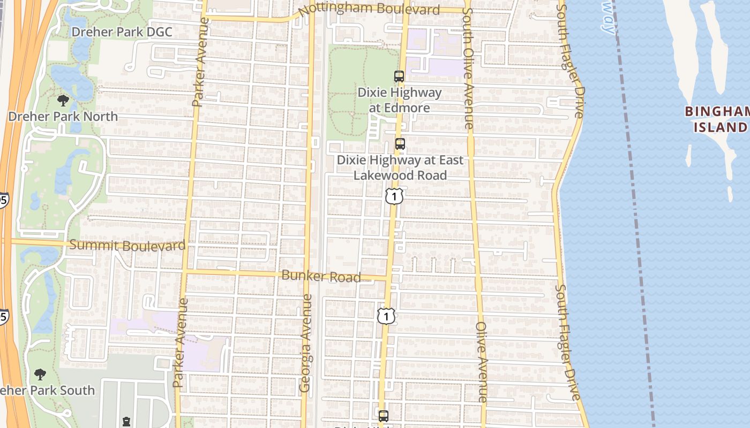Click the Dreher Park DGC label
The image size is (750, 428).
pos(122,32)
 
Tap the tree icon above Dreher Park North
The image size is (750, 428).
pos(63,101)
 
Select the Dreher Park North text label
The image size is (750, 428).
pos(63,116)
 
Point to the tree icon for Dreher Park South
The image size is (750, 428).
pos(40,374)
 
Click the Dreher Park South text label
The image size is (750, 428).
pos(48,390)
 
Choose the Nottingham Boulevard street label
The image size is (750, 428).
pos(369,10)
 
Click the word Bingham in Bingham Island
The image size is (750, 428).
pos(717,112)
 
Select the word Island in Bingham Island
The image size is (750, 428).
pos(721,127)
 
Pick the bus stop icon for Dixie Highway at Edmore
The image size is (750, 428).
pos(399,77)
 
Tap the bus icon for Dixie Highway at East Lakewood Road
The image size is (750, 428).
pos(400,144)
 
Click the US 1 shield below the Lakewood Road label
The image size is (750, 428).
pos(394,196)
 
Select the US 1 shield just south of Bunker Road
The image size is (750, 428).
pos(386,316)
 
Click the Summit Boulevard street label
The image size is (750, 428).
pos(127,246)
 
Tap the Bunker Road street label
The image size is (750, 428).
pos(321,276)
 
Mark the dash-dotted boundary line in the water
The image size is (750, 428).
pos(635,214)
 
